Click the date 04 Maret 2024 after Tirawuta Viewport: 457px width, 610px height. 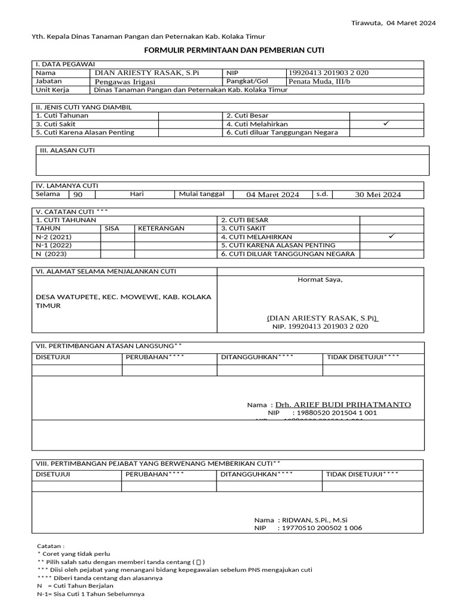click(x=411, y=23)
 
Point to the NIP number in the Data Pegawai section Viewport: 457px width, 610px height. click(x=328, y=73)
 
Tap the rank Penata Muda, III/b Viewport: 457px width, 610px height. click(x=320, y=82)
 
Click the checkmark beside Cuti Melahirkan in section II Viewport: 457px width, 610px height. click(x=386, y=123)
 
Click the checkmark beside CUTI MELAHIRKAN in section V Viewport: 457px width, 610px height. click(x=391, y=236)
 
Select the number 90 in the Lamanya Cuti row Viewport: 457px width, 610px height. click(x=78, y=194)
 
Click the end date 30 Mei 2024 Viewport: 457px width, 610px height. click(x=378, y=194)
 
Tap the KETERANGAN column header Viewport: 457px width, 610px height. click(x=161, y=228)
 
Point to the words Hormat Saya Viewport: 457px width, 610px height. click(x=320, y=279)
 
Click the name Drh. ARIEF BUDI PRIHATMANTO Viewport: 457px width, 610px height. click(x=343, y=404)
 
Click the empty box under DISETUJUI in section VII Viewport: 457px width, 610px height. click(x=76, y=370)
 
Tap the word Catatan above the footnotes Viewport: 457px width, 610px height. click(x=51, y=546)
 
